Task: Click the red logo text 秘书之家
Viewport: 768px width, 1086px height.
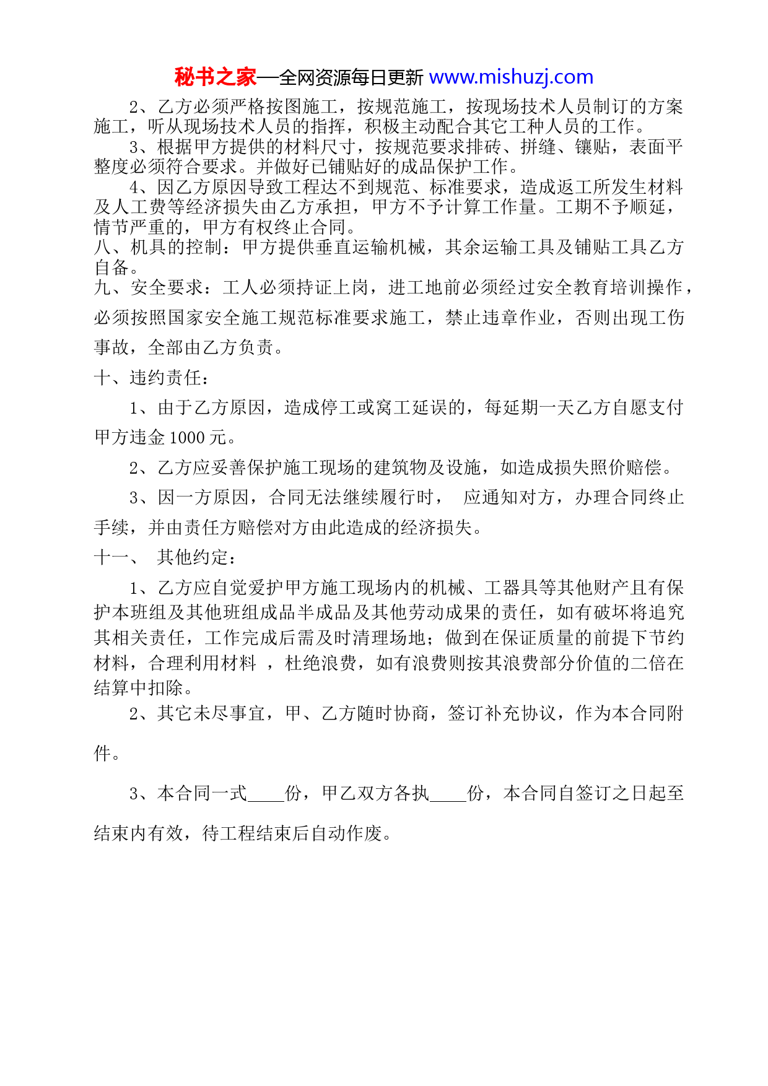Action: tap(215, 77)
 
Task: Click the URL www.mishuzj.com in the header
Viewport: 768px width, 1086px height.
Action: tap(511, 77)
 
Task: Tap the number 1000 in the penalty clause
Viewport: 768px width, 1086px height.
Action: tap(187, 438)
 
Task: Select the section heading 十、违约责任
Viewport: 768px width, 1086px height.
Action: tap(152, 378)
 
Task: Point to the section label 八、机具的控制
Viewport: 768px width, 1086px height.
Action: tap(159, 248)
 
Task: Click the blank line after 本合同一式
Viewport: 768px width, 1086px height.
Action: tap(266, 794)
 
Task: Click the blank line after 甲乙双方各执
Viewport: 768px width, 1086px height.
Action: tap(448, 794)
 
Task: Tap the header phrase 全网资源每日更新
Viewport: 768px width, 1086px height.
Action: tap(351, 78)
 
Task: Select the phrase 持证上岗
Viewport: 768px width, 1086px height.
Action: tap(332, 287)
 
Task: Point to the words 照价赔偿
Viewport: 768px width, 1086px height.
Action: tap(626, 467)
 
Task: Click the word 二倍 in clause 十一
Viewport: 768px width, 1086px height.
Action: tap(648, 663)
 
